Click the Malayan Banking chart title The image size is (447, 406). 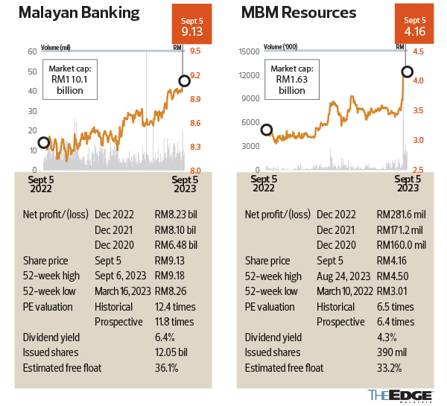tap(80, 13)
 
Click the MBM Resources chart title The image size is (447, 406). tap(299, 13)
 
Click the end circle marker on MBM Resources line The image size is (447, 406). tap(406, 72)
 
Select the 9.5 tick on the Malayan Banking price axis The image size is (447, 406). tap(195, 52)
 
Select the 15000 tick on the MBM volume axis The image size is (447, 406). tap(249, 52)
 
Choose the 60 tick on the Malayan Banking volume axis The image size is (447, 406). tap(33, 52)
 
